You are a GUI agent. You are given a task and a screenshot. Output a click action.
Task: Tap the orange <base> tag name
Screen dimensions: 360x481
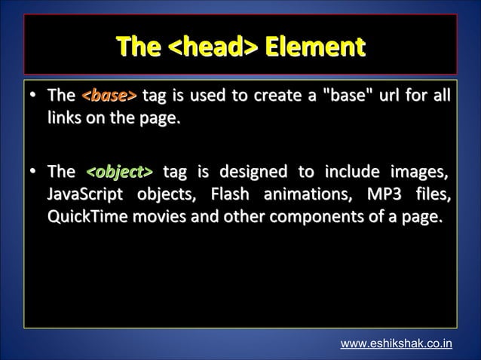109,96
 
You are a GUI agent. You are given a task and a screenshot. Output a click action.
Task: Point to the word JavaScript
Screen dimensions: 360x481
85,196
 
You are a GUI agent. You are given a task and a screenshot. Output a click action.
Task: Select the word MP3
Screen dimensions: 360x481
385,196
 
